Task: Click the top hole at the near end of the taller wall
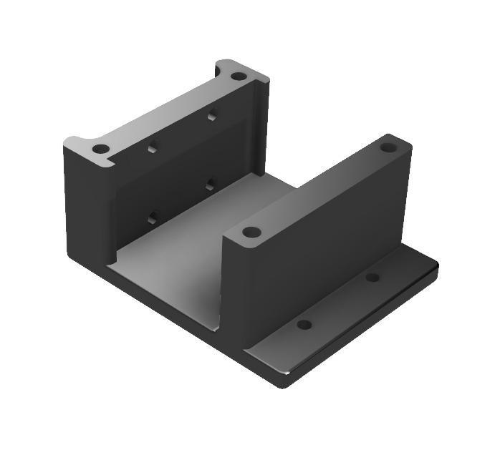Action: click(x=101, y=149)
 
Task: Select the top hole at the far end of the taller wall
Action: click(x=239, y=76)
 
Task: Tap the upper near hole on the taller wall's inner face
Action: click(x=152, y=149)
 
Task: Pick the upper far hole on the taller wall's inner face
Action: click(x=212, y=114)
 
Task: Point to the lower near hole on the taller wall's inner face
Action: click(x=152, y=217)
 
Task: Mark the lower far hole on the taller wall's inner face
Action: click(x=210, y=185)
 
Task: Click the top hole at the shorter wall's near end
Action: click(x=251, y=232)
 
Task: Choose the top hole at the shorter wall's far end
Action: click(x=388, y=147)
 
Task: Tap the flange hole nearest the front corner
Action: click(x=304, y=324)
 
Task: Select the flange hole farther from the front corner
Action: click(x=372, y=277)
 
